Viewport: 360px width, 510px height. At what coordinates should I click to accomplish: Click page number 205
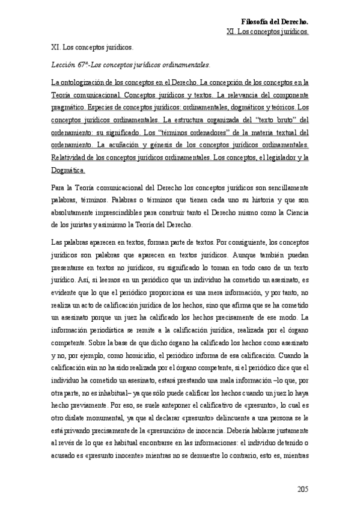(302, 489)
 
